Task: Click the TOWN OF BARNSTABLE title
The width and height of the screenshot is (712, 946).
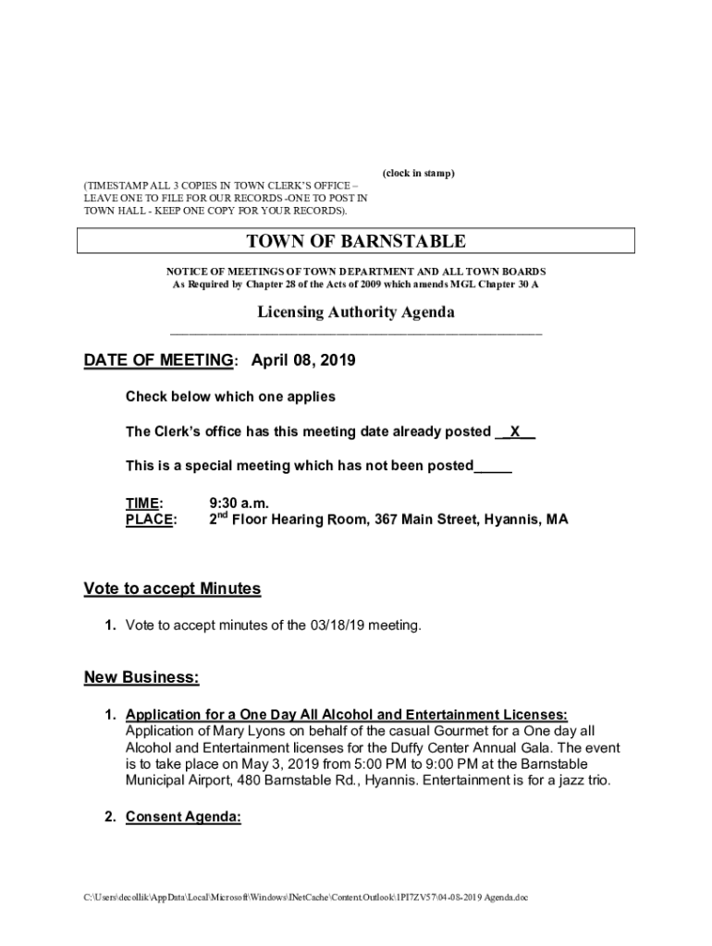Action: click(x=355, y=242)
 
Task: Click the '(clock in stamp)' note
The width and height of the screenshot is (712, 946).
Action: click(x=418, y=174)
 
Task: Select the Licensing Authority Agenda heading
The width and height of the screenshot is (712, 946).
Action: click(x=355, y=312)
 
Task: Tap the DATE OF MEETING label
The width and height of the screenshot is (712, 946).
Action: click(x=158, y=361)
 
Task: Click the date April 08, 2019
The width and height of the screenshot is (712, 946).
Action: click(x=303, y=361)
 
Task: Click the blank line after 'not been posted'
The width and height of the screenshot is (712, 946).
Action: click(x=493, y=467)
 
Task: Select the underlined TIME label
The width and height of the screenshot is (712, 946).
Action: click(x=143, y=503)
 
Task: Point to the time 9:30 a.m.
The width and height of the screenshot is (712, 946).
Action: click(x=239, y=503)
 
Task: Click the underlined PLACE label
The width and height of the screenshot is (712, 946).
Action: click(x=150, y=520)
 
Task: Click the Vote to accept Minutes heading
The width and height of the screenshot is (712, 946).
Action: click(x=172, y=588)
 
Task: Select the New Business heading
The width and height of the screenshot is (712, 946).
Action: click(x=141, y=677)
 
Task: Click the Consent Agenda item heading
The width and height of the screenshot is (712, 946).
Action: click(x=183, y=817)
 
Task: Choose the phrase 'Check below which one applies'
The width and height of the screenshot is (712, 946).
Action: click(x=230, y=396)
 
